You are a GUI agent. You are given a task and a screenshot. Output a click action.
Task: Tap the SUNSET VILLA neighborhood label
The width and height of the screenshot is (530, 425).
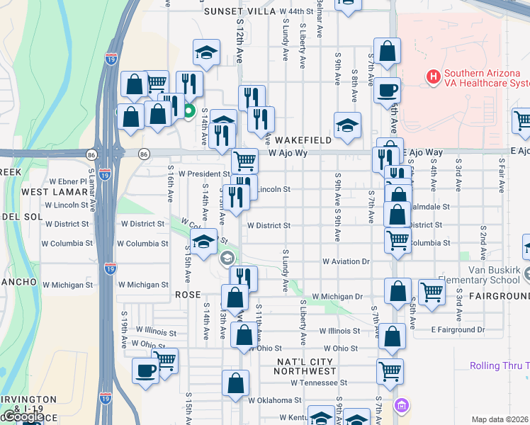click(x=239, y=12)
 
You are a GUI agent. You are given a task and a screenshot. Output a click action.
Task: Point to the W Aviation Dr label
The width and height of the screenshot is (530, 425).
click(x=346, y=261)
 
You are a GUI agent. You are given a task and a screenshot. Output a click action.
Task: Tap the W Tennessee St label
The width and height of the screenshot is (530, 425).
click(x=319, y=382)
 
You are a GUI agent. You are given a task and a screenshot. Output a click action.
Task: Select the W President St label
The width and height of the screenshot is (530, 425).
click(x=204, y=174)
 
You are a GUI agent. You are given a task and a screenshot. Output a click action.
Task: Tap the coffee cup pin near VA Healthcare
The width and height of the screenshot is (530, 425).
click(x=387, y=90)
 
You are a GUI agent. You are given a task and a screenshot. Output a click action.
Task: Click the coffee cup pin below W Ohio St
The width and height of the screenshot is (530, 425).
click(x=146, y=370)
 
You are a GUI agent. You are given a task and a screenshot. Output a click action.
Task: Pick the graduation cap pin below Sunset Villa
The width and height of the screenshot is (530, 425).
click(x=206, y=52)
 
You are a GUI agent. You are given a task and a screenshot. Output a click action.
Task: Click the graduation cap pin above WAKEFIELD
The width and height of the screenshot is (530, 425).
click(x=347, y=125)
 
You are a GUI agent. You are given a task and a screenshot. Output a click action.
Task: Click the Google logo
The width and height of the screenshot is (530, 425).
click(x=23, y=417)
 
